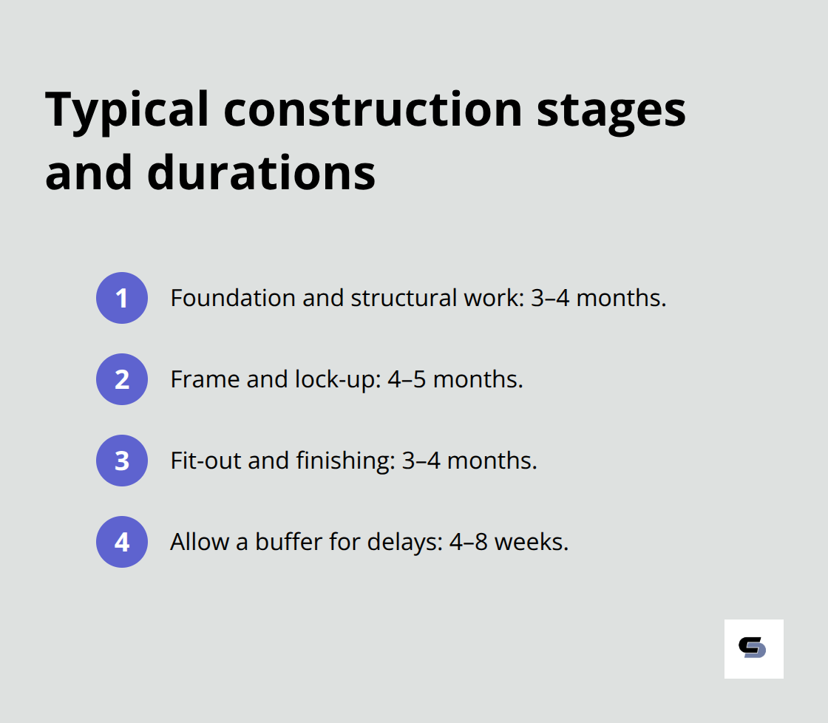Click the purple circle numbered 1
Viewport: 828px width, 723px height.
122,298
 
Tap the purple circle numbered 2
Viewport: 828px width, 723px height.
122,379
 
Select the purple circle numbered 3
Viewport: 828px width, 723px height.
122,461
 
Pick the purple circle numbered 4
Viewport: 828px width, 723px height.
122,542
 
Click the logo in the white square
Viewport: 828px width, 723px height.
753,648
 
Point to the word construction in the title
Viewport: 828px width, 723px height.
373,109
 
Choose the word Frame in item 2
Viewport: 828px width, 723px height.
197,379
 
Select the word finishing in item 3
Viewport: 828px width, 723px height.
342,461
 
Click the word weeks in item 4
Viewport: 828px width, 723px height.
531,542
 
